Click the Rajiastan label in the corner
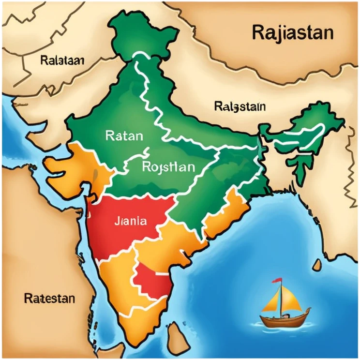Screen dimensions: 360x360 tap(293, 33)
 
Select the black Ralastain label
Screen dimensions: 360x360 tap(239, 106)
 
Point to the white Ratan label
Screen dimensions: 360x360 tap(123, 136)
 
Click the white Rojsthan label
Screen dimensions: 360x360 tap(169, 167)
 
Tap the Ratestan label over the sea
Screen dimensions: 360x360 tap(49, 298)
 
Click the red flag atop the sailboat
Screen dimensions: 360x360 tap(277, 281)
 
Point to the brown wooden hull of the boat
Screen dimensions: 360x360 tap(285, 319)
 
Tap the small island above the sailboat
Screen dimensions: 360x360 tap(317, 264)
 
